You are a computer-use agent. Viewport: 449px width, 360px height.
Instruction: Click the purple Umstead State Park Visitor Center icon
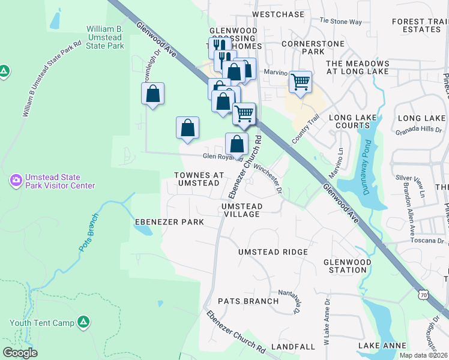[x=16, y=180]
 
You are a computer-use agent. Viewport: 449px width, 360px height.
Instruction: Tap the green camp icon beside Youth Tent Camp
[x=84, y=322]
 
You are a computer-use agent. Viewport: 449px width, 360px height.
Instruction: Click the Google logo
[x=20, y=353]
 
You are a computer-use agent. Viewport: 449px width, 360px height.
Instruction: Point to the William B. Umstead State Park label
[x=105, y=37]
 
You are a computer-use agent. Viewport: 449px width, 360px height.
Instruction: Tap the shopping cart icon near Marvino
[x=300, y=82]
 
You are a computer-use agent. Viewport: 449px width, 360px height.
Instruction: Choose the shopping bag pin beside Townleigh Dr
[x=153, y=94]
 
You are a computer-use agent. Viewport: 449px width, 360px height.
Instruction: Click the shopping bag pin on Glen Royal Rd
[x=237, y=144]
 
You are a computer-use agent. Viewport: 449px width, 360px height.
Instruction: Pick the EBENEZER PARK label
[x=169, y=222]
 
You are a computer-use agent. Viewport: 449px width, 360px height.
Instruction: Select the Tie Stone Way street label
[x=340, y=22]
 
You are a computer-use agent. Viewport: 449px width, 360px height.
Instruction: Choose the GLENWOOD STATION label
[x=348, y=266]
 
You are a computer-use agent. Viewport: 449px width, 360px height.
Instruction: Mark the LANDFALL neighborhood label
[x=293, y=347]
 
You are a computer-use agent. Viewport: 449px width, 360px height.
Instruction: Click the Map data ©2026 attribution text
[x=423, y=355]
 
